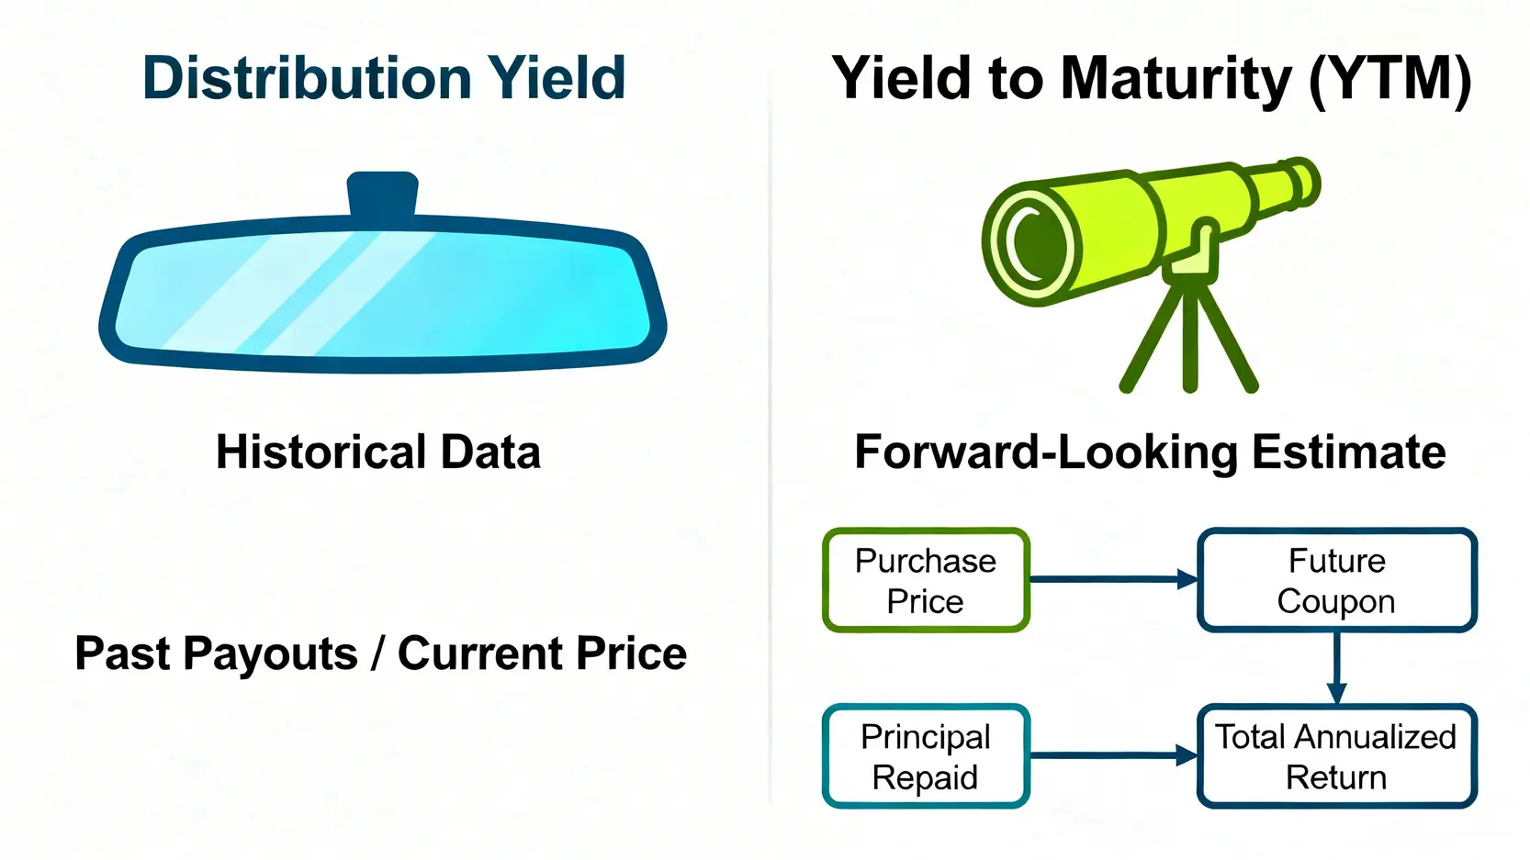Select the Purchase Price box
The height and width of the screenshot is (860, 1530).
[x=926, y=580]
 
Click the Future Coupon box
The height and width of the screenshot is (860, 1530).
[x=1337, y=580]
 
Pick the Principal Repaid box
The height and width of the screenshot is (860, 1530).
[x=926, y=756]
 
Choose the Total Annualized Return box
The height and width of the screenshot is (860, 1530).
[x=1337, y=756]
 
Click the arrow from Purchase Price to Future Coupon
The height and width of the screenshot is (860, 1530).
[x=1113, y=579]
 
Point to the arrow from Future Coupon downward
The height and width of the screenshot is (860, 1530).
[x=1337, y=667]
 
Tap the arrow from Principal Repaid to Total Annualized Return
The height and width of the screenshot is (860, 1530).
[x=1113, y=755]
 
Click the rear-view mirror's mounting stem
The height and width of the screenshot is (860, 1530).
[x=382, y=193]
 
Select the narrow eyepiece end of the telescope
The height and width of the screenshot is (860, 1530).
[x=1302, y=183]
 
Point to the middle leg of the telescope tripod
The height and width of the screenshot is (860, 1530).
[x=1189, y=338]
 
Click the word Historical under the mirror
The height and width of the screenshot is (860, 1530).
[x=322, y=452]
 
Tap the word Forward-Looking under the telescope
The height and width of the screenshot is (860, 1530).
[x=1046, y=452]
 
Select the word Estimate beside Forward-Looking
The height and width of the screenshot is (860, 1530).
[x=1348, y=452]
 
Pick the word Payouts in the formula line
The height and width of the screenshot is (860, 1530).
[x=271, y=653]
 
